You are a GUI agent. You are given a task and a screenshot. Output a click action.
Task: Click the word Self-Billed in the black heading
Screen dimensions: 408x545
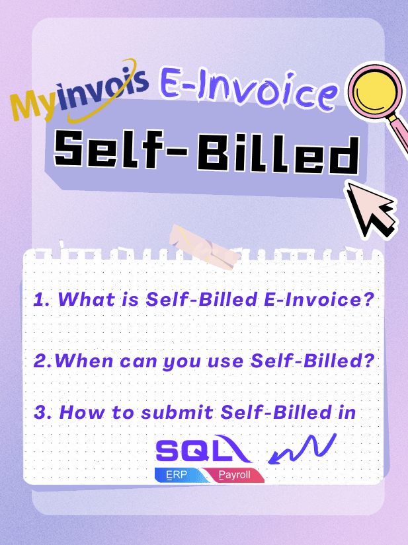206,152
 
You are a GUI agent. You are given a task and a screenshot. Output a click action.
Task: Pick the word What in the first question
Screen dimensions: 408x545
86,299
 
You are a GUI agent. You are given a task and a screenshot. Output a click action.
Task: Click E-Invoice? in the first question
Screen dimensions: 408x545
319,299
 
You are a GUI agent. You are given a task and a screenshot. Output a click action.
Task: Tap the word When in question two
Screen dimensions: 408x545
84,361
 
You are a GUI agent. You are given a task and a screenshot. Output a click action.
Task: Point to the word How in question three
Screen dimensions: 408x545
82,412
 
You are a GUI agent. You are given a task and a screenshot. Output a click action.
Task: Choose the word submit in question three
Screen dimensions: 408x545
177,412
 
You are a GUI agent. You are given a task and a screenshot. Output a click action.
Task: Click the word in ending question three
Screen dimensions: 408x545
347,412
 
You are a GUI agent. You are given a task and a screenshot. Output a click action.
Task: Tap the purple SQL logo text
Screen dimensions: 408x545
204,449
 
